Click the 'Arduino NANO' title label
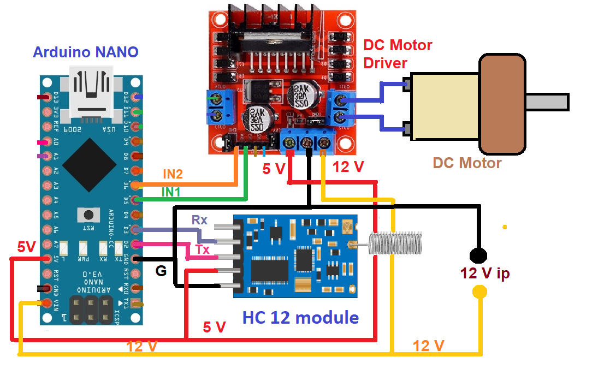[x=86, y=52]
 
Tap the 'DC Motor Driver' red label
[x=398, y=53]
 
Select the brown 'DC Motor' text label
[x=467, y=163]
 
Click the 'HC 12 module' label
[x=300, y=317]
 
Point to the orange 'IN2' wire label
[x=173, y=174]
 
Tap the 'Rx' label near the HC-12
[x=199, y=220]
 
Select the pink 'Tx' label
[x=203, y=249]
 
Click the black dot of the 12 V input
[x=478, y=255]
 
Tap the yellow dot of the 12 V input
[x=479, y=292]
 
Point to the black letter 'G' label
[x=161, y=271]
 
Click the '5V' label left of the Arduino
[x=26, y=247]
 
